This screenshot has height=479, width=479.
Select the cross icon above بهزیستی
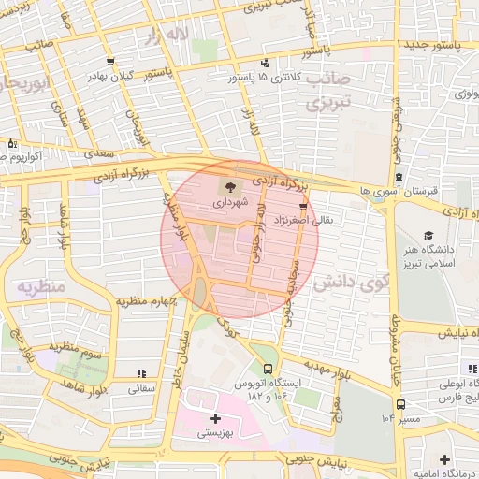pyautogui.click(x=216, y=419)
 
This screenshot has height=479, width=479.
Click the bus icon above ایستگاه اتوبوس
pyautogui.click(x=269, y=370)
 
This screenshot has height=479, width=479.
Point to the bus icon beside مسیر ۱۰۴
pyautogui.click(x=400, y=404)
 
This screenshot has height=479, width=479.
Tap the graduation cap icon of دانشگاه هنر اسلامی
pyautogui.click(x=429, y=237)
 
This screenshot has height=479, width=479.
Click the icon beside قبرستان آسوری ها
pyautogui.click(x=399, y=177)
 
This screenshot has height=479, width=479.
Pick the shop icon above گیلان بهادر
pyautogui.click(x=111, y=61)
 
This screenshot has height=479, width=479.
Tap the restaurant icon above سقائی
pyautogui.click(x=140, y=372)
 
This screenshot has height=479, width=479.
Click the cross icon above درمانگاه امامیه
pyautogui.click(x=443, y=458)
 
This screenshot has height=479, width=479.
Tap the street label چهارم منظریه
pyautogui.click(x=147, y=301)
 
